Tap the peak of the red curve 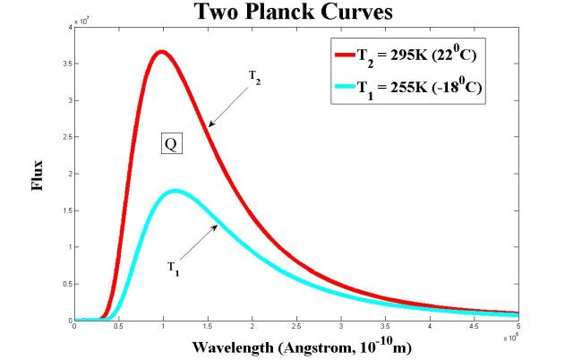pos(160,52)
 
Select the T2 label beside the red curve pos(256,77)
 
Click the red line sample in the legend pos(346,55)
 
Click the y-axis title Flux pos(38,178)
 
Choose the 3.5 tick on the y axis pos(66,64)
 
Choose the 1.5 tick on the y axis pos(66,210)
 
